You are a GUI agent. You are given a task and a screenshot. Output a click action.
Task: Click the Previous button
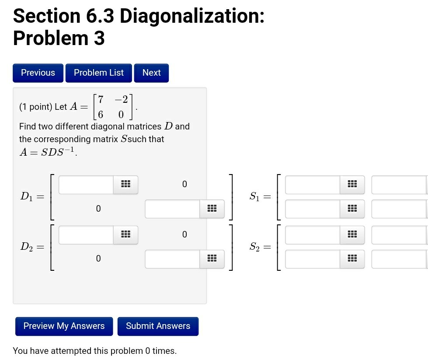pos(38,73)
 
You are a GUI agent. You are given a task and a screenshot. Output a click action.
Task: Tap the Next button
pos(151,73)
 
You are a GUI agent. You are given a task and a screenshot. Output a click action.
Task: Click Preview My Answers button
pos(64,326)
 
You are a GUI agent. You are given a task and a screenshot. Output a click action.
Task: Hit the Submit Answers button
pos(158,326)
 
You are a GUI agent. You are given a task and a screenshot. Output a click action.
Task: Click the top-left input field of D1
pos(86,185)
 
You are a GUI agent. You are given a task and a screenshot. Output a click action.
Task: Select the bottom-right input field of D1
pos(173,209)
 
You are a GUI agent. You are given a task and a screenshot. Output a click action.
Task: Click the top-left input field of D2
pos(86,235)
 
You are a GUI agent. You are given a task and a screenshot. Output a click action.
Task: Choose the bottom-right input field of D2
pos(173,259)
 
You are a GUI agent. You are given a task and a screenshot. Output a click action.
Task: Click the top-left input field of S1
pos(313,185)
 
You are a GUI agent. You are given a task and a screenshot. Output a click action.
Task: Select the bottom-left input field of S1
pos(313,209)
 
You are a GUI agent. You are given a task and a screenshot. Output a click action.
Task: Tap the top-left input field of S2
pos(313,235)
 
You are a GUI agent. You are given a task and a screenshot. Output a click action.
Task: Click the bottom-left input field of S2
pos(313,259)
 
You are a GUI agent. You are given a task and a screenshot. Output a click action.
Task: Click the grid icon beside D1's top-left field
pos(125,185)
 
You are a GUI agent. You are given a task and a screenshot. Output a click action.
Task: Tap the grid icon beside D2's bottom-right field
pos(212,259)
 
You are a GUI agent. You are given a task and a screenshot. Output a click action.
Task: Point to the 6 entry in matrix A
pos(101,115)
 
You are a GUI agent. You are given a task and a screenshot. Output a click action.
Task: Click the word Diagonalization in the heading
pos(191,16)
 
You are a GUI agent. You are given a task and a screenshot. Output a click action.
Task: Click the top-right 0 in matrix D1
pos(184,185)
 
